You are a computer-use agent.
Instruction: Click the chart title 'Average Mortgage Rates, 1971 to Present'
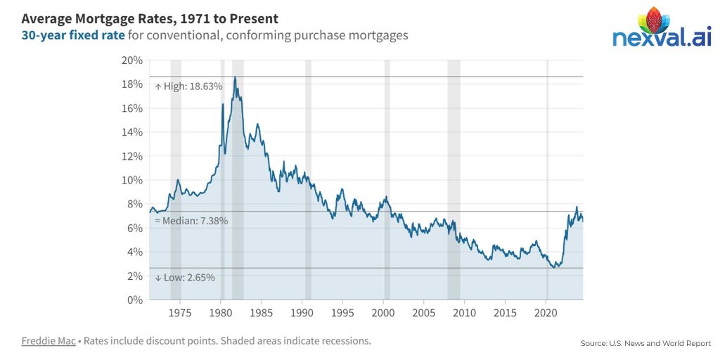pyautogui.click(x=150, y=19)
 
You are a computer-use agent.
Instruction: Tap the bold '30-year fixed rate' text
pyautogui.click(x=73, y=35)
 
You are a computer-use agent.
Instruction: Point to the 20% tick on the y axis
pyautogui.click(x=132, y=60)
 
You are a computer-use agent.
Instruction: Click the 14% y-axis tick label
pyautogui.click(x=132, y=132)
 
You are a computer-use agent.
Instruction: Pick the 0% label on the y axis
pyautogui.click(x=135, y=300)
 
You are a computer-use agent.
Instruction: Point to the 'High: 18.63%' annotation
pyautogui.click(x=188, y=86)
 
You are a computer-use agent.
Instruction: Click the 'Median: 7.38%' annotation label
pyautogui.click(x=191, y=221)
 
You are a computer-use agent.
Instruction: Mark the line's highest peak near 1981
pyautogui.click(x=235, y=77)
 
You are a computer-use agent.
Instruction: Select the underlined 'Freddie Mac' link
pyautogui.click(x=48, y=341)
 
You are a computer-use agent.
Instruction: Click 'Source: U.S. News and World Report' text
pyautogui.click(x=645, y=343)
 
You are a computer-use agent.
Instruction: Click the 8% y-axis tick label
pyautogui.click(x=135, y=204)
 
